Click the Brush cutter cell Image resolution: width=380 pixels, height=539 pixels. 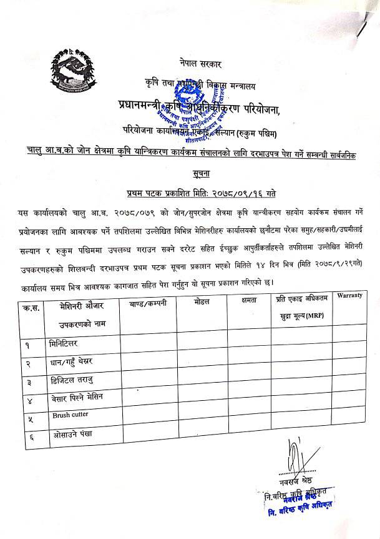click(x=70, y=415)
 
